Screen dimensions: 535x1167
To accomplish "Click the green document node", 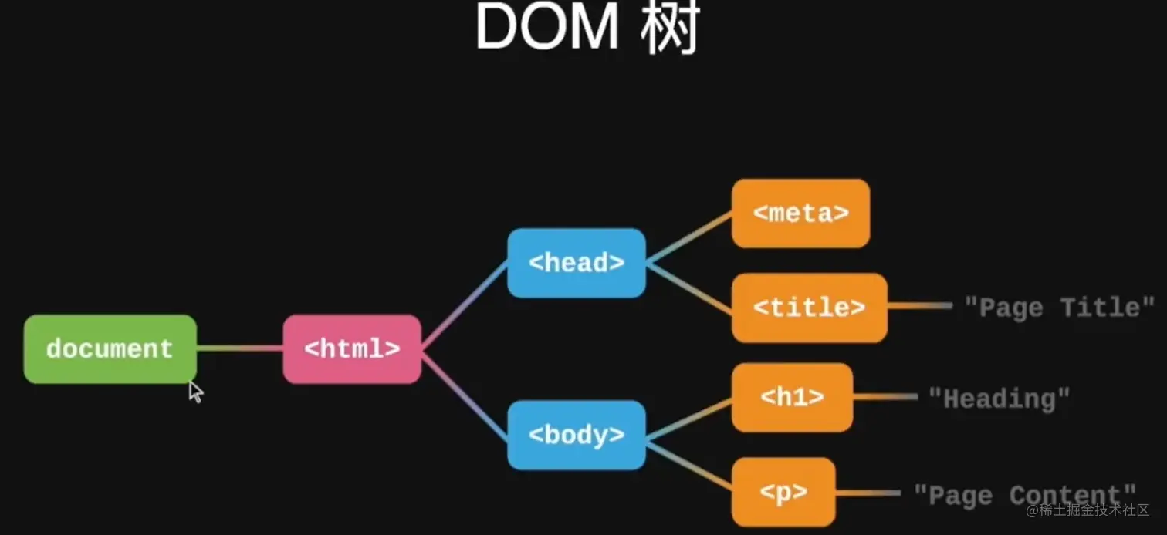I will [x=110, y=349].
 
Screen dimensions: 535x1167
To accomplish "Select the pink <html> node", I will [x=352, y=349].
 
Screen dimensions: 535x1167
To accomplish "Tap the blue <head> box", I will [x=576, y=263].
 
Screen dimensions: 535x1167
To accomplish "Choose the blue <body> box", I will [x=576, y=436].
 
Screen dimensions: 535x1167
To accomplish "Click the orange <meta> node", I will [x=800, y=214].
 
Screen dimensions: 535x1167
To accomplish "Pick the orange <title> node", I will [x=809, y=308].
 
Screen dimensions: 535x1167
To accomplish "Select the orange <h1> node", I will [x=792, y=398].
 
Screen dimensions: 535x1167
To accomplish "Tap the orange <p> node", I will [x=783, y=493].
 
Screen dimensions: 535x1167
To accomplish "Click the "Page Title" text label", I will [x=1059, y=308].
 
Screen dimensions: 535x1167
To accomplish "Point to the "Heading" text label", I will [x=999, y=399].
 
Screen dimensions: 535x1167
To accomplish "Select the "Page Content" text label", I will [x=1025, y=494].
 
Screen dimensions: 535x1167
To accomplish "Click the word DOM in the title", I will [x=546, y=29].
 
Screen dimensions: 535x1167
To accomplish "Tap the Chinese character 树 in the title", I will [x=669, y=29].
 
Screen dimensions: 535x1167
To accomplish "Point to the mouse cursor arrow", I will [x=195, y=391].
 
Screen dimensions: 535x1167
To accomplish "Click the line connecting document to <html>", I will [x=239, y=349].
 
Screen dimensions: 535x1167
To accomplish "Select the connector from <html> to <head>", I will [x=464, y=305].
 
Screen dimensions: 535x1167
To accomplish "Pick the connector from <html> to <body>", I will [x=464, y=393].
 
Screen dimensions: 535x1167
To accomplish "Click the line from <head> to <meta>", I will [x=688, y=237].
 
